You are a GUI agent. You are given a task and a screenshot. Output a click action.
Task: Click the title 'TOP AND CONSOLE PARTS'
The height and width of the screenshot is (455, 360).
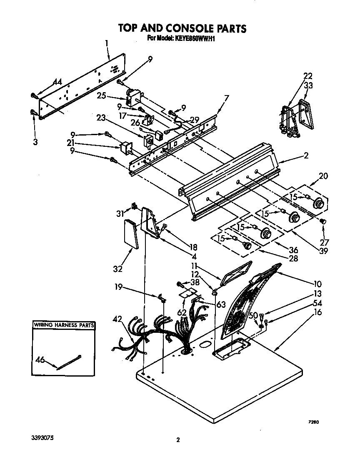tap(182, 28)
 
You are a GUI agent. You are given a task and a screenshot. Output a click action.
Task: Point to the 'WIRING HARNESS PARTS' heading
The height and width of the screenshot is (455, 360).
tap(63, 324)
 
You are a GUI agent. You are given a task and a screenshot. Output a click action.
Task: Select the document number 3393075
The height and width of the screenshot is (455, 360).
tap(42, 438)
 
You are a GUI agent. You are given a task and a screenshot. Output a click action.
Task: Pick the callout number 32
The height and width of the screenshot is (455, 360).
tap(117, 269)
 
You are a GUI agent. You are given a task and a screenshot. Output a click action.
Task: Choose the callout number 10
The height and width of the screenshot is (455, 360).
tap(318, 284)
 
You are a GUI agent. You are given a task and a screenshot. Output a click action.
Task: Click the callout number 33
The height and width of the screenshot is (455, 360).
tap(308, 85)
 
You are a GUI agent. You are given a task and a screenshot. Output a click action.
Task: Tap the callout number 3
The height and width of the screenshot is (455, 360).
tap(35, 142)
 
